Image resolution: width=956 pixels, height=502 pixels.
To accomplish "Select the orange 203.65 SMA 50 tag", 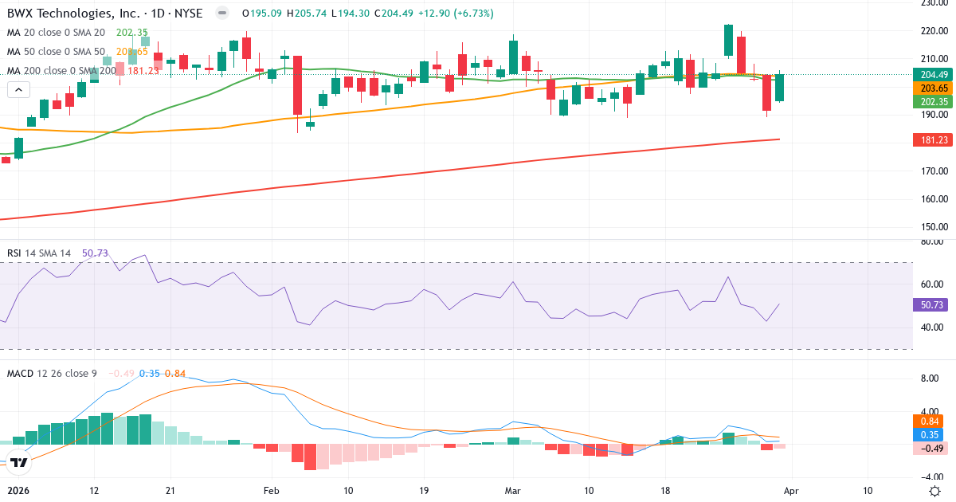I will tap(928, 88).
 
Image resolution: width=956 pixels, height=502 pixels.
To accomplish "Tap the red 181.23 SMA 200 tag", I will tap(928, 139).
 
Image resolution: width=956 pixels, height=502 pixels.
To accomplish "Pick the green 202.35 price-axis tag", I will tap(928, 101).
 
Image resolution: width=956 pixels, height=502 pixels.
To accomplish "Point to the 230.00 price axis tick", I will tap(931, 2).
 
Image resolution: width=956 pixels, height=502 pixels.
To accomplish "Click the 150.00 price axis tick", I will tap(931, 227).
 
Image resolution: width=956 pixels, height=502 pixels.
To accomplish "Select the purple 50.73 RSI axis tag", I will tap(928, 304).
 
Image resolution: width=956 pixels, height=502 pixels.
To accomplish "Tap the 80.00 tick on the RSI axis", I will tap(931, 241).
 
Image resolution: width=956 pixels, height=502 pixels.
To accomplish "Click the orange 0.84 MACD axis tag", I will tap(928, 421).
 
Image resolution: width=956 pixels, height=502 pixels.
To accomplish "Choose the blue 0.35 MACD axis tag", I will tap(928, 434).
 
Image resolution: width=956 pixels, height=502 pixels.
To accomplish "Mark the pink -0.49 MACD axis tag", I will tap(928, 448).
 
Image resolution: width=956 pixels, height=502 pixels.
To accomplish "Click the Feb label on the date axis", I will tap(272, 490).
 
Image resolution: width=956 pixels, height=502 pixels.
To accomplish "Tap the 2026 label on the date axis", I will tap(18, 490).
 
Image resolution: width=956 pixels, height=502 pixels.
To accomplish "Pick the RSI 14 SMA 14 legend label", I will tap(39, 253).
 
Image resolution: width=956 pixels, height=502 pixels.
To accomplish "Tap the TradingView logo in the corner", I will tap(18, 461).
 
